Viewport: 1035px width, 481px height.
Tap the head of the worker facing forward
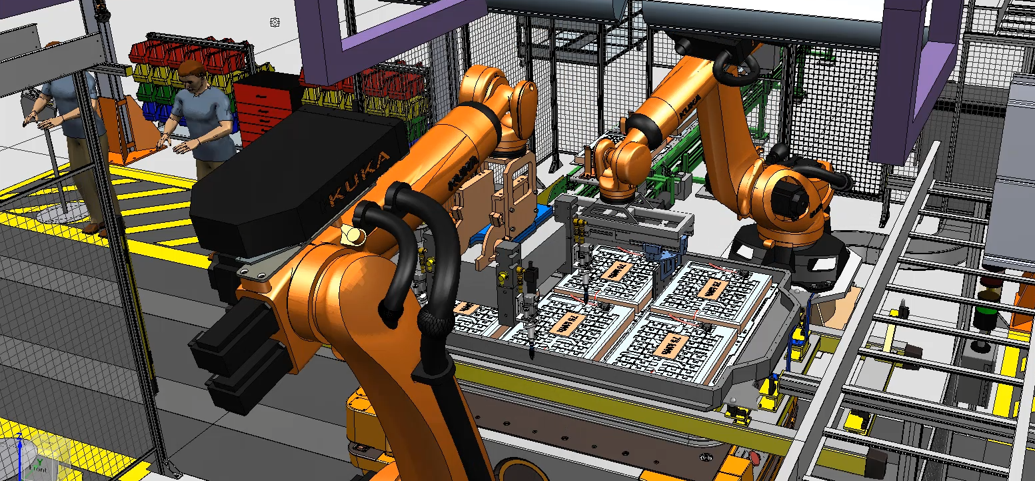[193, 74]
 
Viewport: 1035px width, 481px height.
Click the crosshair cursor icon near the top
[275, 23]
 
